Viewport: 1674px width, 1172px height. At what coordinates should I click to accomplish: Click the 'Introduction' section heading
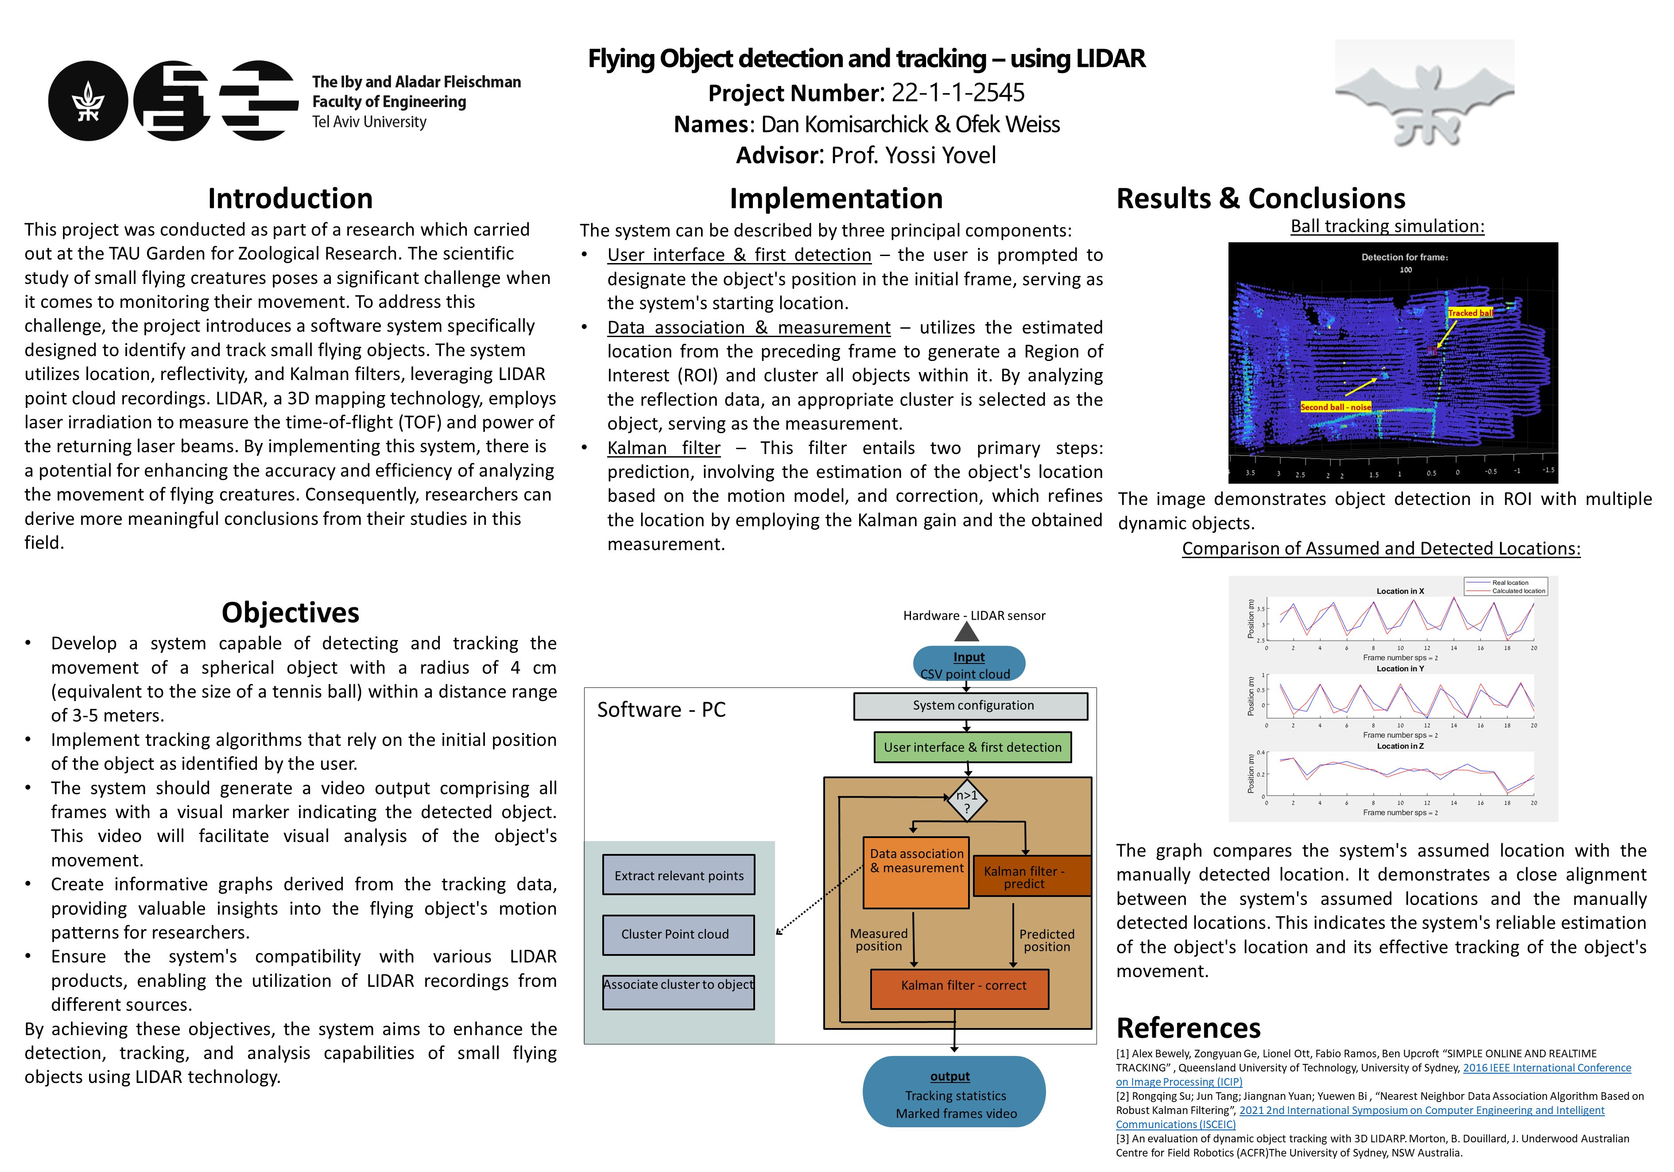[x=290, y=198]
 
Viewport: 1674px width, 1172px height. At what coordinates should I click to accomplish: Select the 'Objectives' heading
[x=290, y=613]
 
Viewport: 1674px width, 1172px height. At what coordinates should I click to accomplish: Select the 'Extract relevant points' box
[x=679, y=875]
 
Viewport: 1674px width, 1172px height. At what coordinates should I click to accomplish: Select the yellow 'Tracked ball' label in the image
[x=1470, y=313]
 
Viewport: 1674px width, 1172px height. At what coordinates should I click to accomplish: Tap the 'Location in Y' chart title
[x=1400, y=669]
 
